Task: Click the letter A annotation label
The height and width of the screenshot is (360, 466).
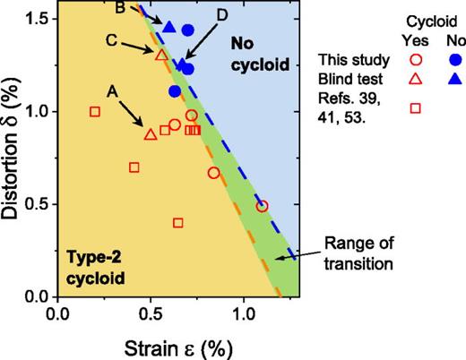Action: click(112, 90)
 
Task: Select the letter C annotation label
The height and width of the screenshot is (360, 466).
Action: click(109, 40)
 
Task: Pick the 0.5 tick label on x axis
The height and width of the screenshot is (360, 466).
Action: click(150, 314)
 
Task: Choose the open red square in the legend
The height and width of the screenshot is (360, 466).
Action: click(414, 108)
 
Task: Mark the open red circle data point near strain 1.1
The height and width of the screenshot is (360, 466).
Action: click(262, 206)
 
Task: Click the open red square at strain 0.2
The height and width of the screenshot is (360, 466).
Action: click(95, 112)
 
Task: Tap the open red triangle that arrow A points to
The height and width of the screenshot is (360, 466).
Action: click(150, 134)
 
